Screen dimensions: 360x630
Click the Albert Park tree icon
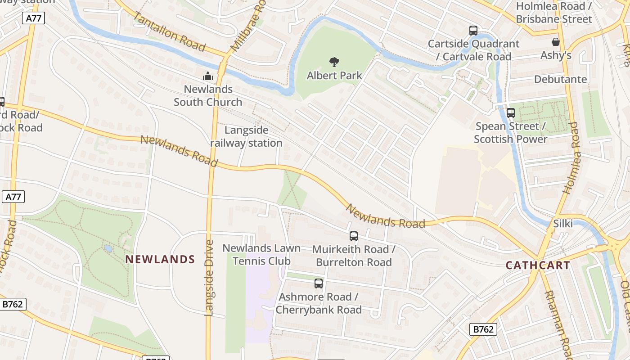pyautogui.click(x=334, y=62)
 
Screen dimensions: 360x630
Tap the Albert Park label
pyautogui.click(x=334, y=75)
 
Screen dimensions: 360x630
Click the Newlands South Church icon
pyautogui.click(x=207, y=76)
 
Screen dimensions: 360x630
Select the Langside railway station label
pyautogui.click(x=246, y=137)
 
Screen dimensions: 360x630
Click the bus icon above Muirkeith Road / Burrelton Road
pyautogui.click(x=354, y=236)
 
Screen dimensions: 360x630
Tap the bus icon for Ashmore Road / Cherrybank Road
pyautogui.click(x=319, y=283)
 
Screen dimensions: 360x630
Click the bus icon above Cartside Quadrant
pyautogui.click(x=473, y=31)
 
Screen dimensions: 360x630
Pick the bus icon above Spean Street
pyautogui.click(x=510, y=113)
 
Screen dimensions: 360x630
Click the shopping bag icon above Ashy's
pyautogui.click(x=556, y=42)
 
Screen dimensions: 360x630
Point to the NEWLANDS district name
pyautogui.click(x=160, y=259)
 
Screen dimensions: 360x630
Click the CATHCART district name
pyautogui.click(x=538, y=265)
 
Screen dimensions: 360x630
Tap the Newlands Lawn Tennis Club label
pyautogui.click(x=261, y=255)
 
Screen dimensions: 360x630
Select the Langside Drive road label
pyautogui.click(x=209, y=278)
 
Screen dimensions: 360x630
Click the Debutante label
pyautogui.click(x=560, y=79)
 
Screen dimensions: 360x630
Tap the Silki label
pyautogui.click(x=562, y=223)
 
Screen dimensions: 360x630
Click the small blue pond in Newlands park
pyautogui.click(x=108, y=248)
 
